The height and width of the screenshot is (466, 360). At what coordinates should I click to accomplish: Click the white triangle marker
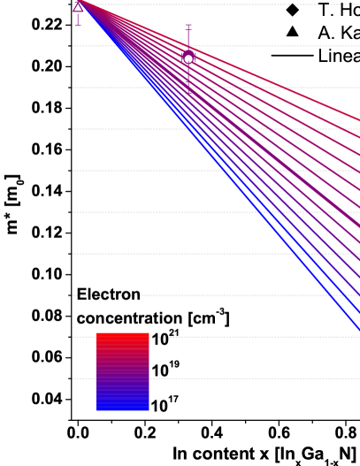(78, 8)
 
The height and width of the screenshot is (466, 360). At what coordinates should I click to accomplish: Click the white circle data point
(188, 59)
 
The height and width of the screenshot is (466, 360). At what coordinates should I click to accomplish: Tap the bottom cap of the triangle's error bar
(78, 25)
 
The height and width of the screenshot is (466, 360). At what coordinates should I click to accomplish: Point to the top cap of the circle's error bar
(188, 26)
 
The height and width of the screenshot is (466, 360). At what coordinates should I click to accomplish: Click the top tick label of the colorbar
(165, 335)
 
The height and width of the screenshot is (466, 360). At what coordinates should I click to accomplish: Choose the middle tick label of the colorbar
(165, 372)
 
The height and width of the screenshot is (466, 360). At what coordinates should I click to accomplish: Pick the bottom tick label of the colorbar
(165, 409)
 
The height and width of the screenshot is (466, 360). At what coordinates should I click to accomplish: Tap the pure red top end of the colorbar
(123, 335)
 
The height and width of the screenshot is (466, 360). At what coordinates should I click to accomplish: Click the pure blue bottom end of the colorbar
(123, 409)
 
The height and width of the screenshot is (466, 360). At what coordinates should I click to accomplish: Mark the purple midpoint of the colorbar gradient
(123, 372)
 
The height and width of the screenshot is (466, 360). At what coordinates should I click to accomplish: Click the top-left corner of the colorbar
(97, 333)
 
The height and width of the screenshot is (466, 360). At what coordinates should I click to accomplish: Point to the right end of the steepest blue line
(358, 331)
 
